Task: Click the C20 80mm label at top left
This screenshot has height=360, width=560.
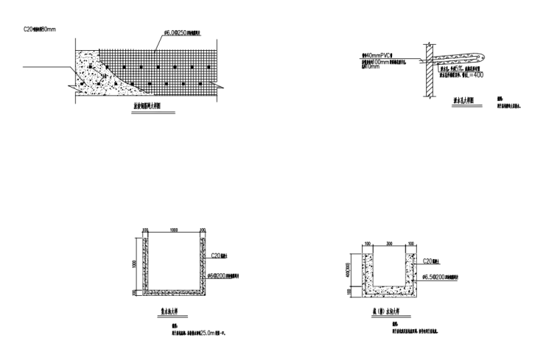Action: pos(39,30)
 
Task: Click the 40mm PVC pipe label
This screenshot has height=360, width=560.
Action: pos(377,54)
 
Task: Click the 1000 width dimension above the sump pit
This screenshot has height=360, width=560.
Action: pos(173,230)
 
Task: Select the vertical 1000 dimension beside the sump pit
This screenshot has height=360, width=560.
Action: pos(135,263)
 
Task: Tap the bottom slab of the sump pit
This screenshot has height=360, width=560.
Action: pos(174,292)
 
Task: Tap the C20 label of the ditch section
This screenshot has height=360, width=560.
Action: pos(430,261)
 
